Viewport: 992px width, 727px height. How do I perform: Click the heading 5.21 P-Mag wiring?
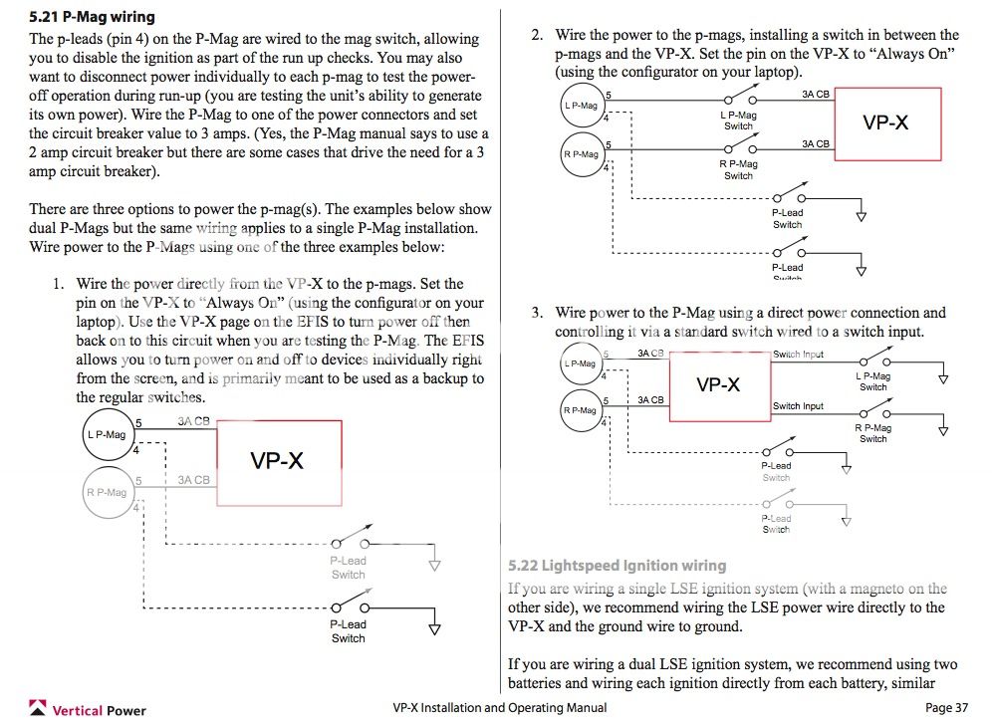point(92,17)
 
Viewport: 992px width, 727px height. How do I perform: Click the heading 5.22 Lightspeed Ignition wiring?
point(617,565)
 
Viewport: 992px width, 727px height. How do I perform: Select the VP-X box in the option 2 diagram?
point(885,122)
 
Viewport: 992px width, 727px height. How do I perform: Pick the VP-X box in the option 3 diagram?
point(718,384)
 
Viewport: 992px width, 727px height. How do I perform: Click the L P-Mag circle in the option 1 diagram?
point(107,435)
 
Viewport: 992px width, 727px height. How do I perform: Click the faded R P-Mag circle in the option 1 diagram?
point(105,492)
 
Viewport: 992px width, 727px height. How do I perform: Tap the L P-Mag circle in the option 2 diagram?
point(581,106)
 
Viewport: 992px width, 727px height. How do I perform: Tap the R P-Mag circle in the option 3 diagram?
point(581,410)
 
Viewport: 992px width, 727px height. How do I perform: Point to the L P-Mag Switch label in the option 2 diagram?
point(738,121)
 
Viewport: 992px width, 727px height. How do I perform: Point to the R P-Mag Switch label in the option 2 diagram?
point(738,169)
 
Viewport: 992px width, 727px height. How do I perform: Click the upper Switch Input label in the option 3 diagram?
point(798,355)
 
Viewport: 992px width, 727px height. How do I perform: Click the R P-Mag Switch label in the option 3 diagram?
point(872,432)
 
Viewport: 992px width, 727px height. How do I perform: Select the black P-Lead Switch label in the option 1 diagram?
point(348,631)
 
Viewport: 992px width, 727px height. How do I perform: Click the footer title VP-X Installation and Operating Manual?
point(499,708)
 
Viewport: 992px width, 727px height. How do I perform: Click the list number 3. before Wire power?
point(537,313)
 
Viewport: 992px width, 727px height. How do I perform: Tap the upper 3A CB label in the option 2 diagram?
point(815,94)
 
